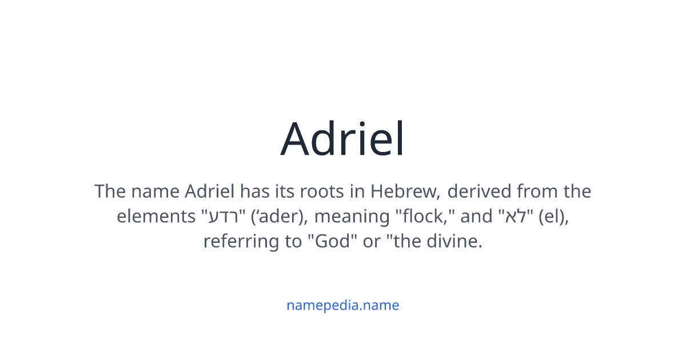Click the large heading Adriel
coord(342,139)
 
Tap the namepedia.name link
coord(342,305)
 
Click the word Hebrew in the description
coord(405,191)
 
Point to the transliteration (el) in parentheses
coord(553,217)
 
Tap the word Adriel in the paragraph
coord(210,191)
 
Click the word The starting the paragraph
coord(109,191)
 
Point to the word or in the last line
coord(370,242)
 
